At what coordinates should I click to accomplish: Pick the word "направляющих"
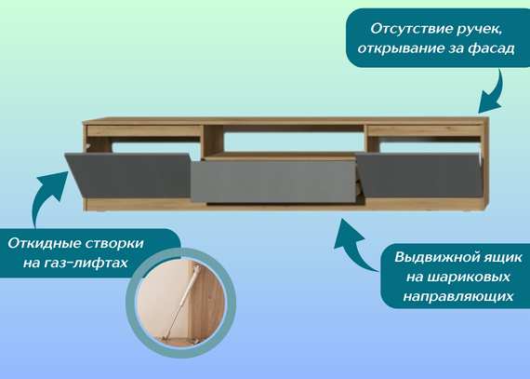(458, 296)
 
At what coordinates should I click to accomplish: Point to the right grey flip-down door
(419, 175)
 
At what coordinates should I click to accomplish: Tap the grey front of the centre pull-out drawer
(272, 182)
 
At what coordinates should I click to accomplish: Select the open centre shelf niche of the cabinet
(284, 142)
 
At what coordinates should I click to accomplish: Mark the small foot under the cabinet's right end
(468, 211)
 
